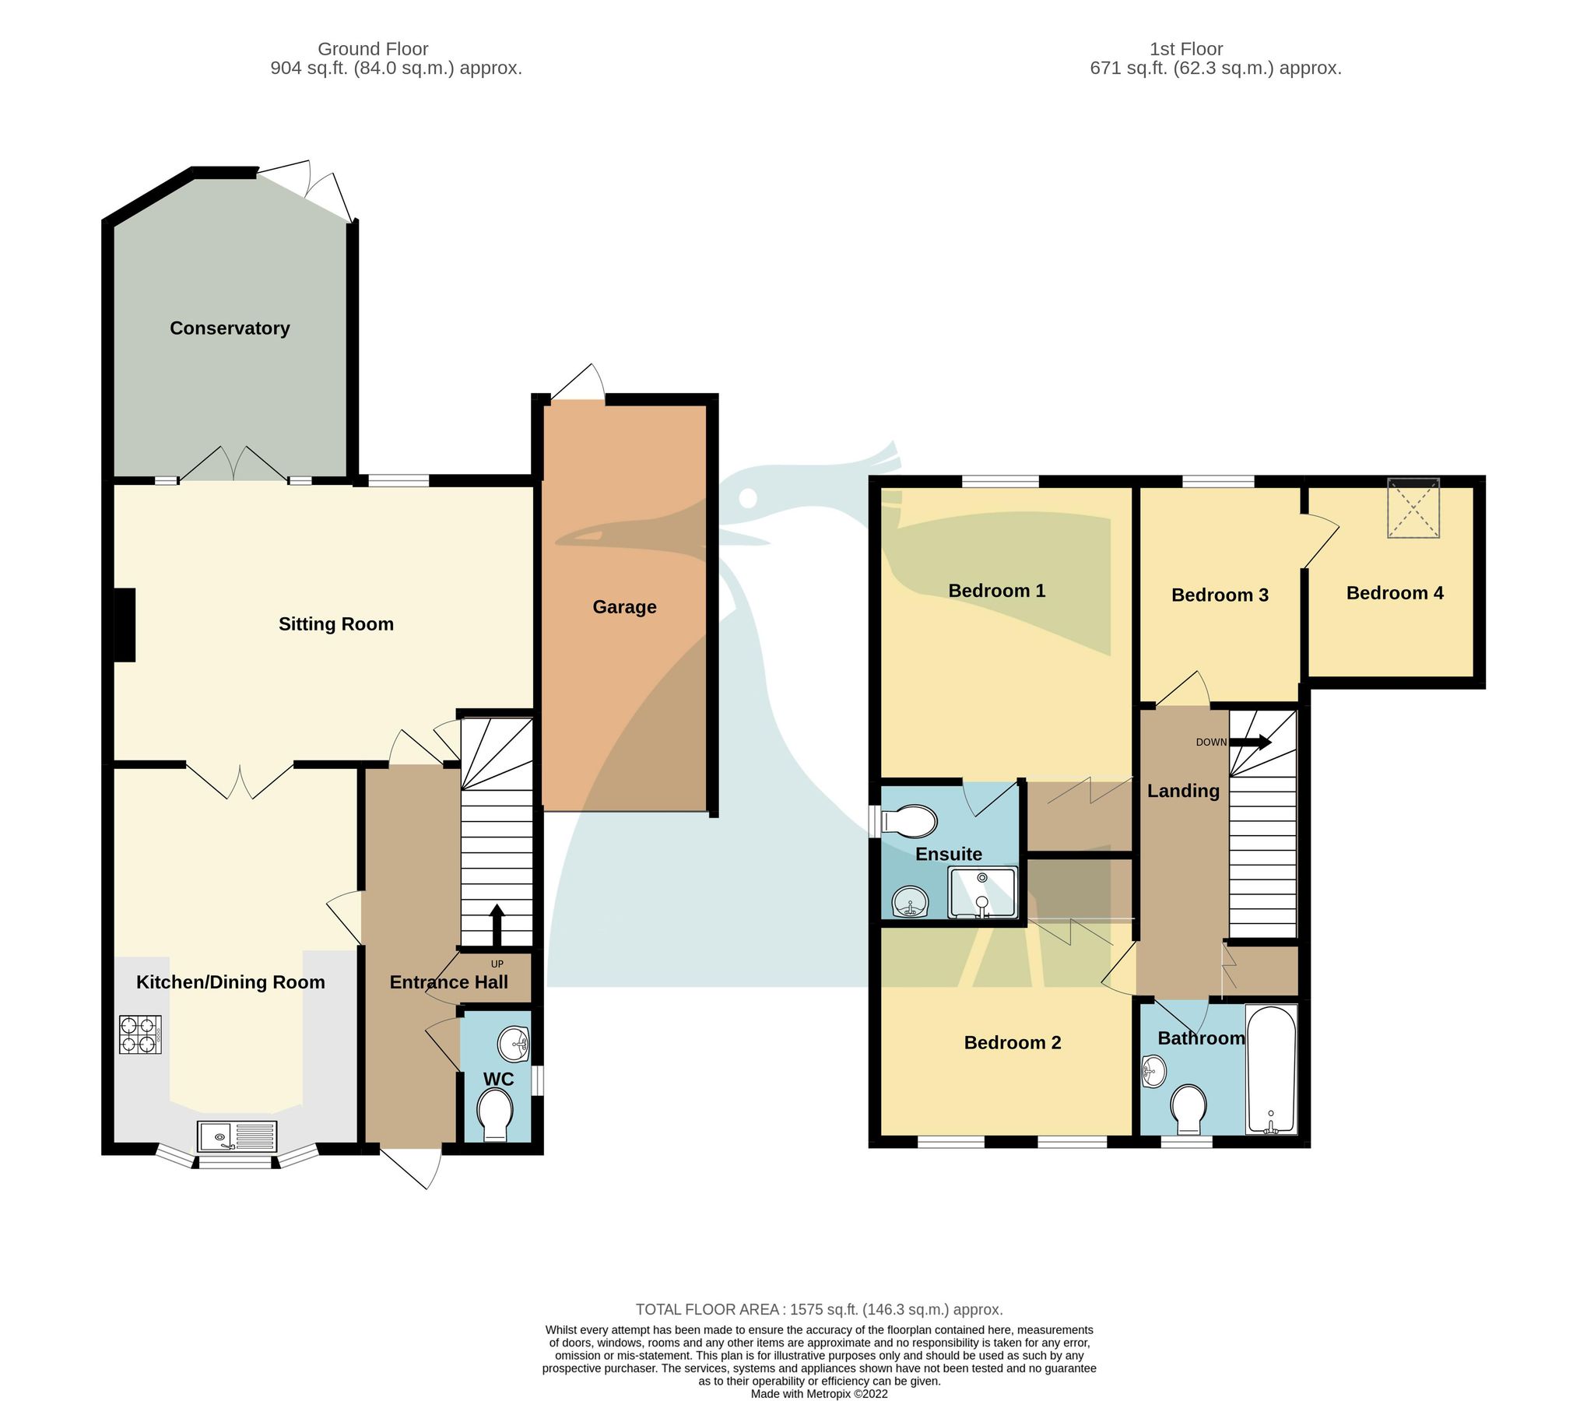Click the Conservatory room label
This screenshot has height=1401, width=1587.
[230, 328]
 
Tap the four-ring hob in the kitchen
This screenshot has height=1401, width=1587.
[140, 1035]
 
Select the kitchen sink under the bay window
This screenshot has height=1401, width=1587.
[237, 1136]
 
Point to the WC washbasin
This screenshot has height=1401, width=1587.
[514, 1044]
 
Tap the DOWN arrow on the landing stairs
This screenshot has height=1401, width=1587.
[1250, 743]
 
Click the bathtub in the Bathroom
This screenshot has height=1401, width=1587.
[1271, 1069]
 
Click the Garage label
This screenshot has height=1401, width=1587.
[624, 607]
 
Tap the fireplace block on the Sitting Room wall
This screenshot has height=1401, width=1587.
[125, 626]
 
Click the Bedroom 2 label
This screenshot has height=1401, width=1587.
[1012, 1043]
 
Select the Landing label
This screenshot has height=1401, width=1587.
[1183, 791]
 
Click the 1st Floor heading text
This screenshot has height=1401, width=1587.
[1186, 49]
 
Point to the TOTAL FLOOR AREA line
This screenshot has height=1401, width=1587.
[819, 1309]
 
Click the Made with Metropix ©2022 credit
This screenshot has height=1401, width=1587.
[819, 1394]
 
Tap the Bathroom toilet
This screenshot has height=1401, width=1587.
[1188, 1109]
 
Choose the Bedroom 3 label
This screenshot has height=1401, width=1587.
[1220, 595]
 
